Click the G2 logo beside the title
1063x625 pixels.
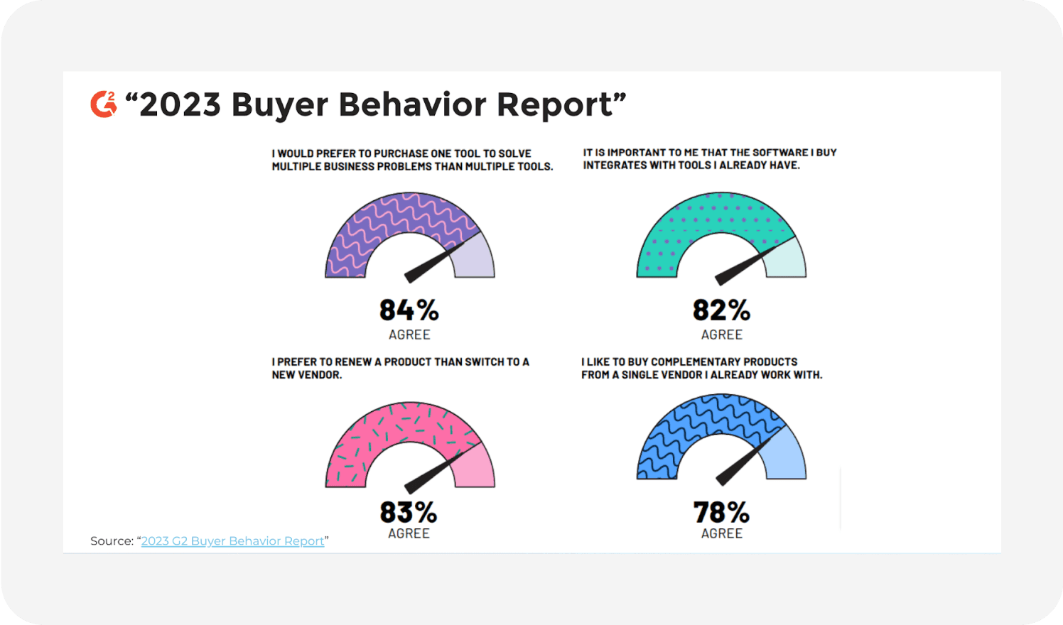(104, 104)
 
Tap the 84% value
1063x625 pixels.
(409, 310)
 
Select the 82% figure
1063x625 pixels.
(721, 310)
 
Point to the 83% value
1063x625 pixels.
(409, 512)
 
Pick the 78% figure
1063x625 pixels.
(721, 512)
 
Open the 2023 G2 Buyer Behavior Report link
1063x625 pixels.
(232, 541)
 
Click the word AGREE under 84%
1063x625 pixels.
(409, 335)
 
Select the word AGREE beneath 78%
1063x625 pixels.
(721, 533)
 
